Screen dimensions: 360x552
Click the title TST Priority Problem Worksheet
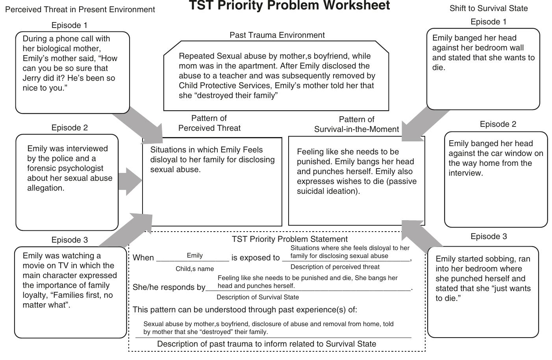(x=289, y=6)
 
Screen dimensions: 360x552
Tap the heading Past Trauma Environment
(x=277, y=35)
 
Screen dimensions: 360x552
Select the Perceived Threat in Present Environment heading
(x=80, y=9)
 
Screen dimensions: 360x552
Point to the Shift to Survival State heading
(x=488, y=8)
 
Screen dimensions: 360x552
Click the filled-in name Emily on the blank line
(x=194, y=256)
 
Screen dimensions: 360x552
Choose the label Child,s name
(x=194, y=269)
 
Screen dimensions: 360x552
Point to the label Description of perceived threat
(x=335, y=267)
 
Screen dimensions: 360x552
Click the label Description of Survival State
(x=257, y=297)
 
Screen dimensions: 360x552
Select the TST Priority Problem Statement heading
(x=289, y=239)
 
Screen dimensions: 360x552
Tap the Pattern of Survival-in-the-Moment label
(x=356, y=124)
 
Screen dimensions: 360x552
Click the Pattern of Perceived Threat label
(x=209, y=123)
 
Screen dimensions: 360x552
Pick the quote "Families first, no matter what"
(x=68, y=300)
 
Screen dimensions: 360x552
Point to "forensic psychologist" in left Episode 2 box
(x=65, y=168)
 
